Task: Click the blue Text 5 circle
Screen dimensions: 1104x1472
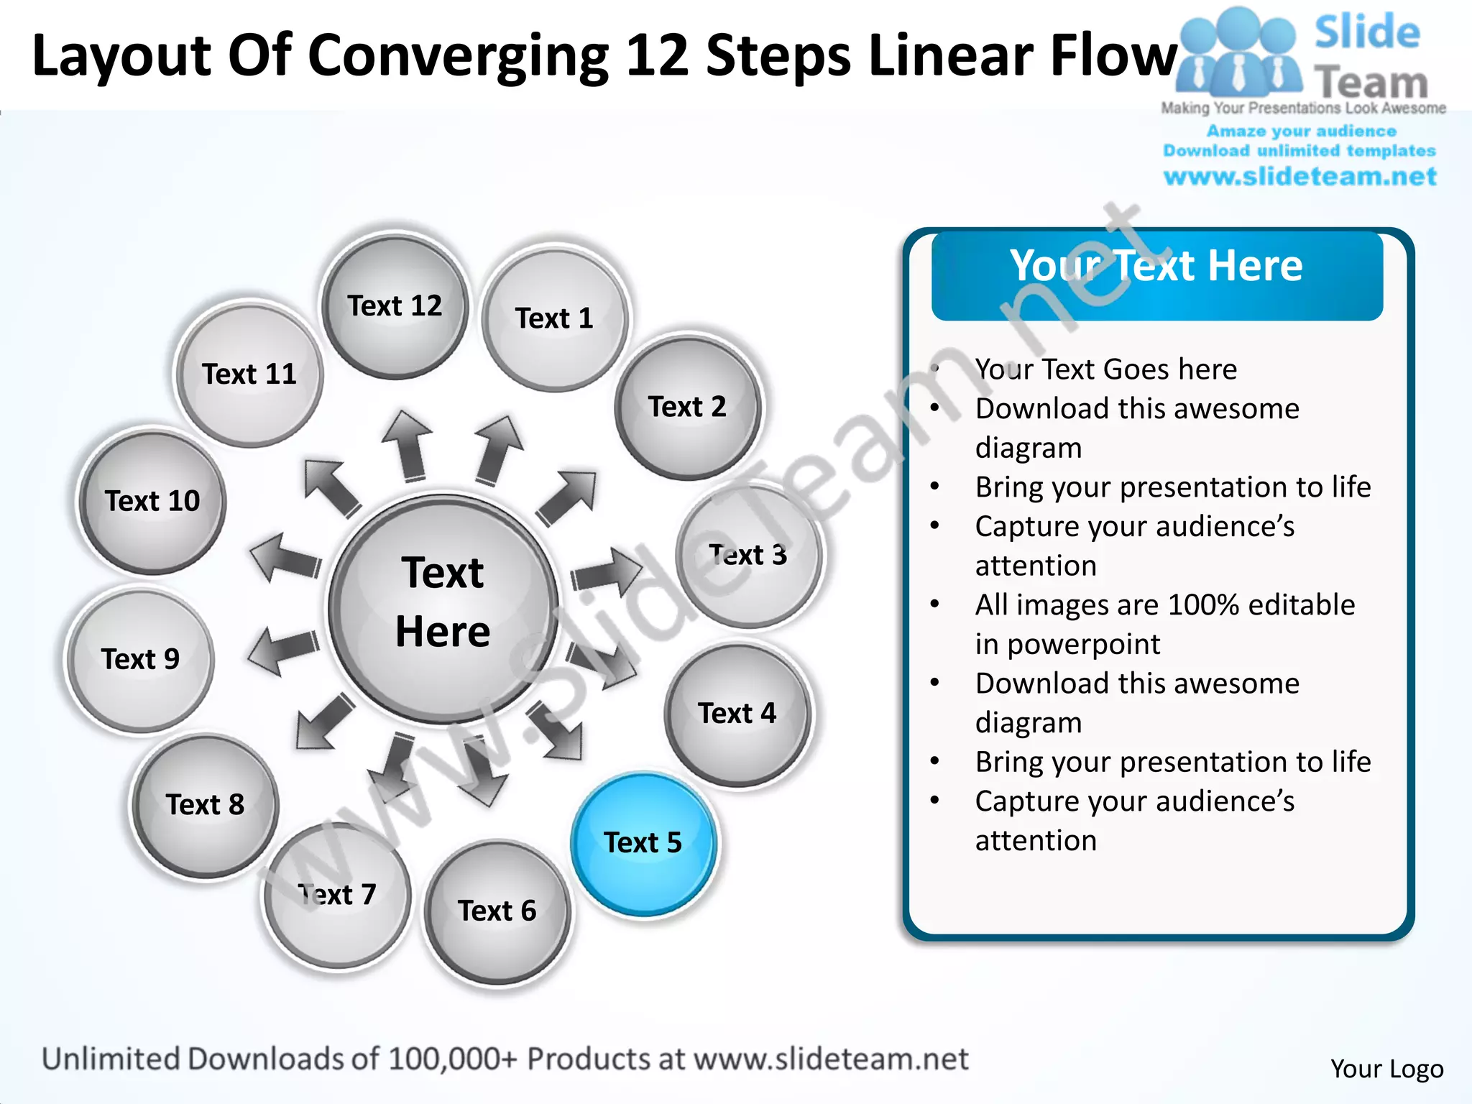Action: pyautogui.click(x=643, y=843)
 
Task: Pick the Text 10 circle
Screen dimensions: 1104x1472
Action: pyautogui.click(x=152, y=502)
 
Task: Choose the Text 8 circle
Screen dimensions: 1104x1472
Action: pyautogui.click(x=205, y=805)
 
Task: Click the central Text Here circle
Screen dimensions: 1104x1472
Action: pyautogui.click(x=443, y=607)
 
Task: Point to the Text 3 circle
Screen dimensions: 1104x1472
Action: pyautogui.click(x=748, y=556)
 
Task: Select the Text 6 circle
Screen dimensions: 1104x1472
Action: pyautogui.click(x=497, y=911)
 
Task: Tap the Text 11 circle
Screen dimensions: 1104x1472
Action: pyautogui.click(x=249, y=374)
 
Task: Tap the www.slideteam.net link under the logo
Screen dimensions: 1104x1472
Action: pyautogui.click(x=1299, y=176)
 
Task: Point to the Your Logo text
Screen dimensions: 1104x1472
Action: pyautogui.click(x=1386, y=1069)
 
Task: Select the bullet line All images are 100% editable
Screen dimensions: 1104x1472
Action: pyautogui.click(x=1164, y=605)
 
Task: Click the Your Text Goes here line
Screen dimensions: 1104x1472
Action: pyautogui.click(x=1105, y=369)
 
